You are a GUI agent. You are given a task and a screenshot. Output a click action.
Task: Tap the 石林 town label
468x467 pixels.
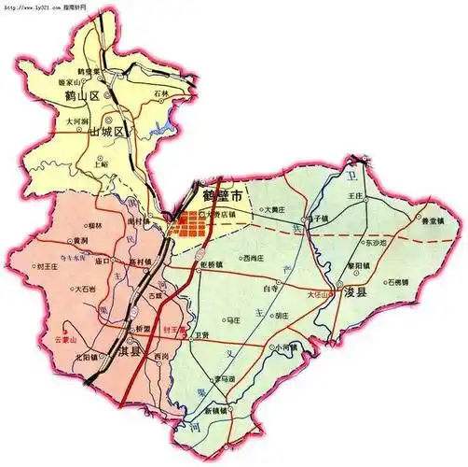[165, 94]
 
